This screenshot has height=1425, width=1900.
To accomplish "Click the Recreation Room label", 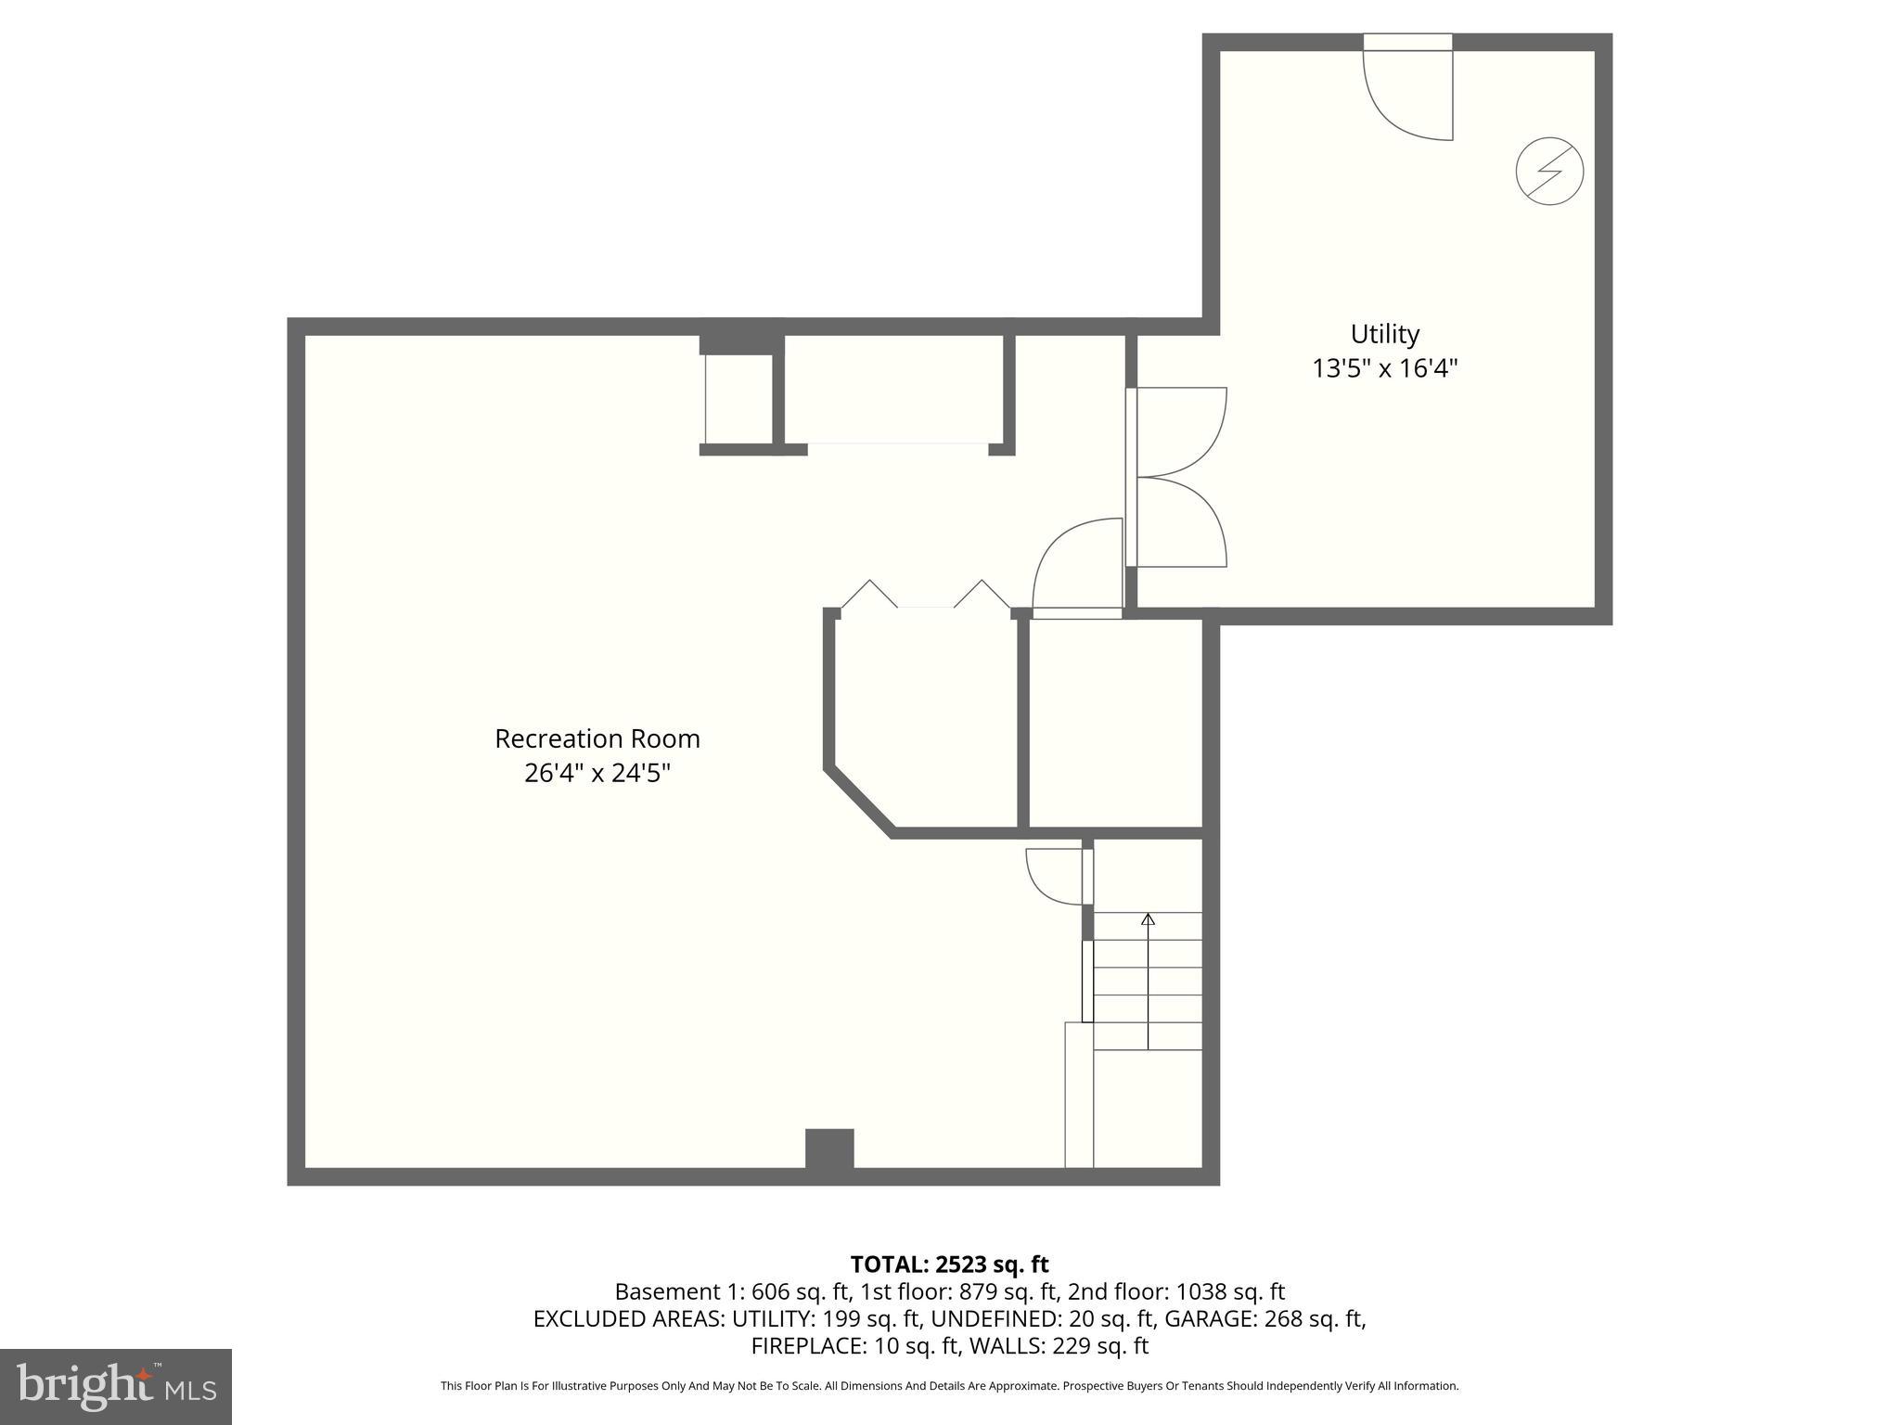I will coord(597,738).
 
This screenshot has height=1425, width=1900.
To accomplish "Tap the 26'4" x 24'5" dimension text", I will coord(597,773).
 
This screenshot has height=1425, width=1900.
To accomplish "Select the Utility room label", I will coord(1384,334).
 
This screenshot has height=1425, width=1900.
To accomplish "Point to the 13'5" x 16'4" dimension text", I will coord(1384,368).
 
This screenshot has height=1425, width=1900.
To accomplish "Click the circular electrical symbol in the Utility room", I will coord(1548,171).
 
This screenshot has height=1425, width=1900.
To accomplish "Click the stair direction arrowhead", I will coord(1148,919).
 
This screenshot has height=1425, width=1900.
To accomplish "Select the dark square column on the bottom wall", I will coord(828,1149).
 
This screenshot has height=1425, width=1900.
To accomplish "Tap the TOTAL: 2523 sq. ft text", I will coord(949,1265).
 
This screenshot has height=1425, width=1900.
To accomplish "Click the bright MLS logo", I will coord(116,1386).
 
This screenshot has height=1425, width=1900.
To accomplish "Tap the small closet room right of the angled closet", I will coord(1116,724).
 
